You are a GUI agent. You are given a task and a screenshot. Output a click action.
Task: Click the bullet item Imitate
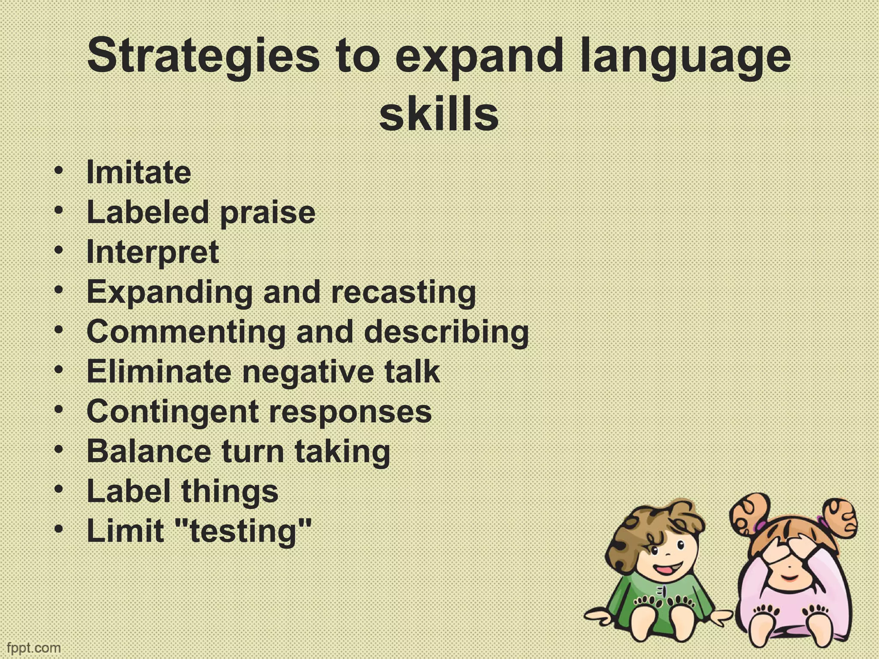coord(139,172)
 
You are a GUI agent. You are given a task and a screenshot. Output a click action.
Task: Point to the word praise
coord(267,212)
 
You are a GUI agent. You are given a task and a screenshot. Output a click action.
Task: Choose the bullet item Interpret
coord(153,252)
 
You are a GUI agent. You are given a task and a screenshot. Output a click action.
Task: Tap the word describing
coord(446,332)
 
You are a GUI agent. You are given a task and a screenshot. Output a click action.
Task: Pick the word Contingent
coord(172,411)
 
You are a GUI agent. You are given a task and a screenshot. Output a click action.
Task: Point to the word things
coord(230,491)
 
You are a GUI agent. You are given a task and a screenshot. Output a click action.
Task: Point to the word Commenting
coord(186,332)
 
